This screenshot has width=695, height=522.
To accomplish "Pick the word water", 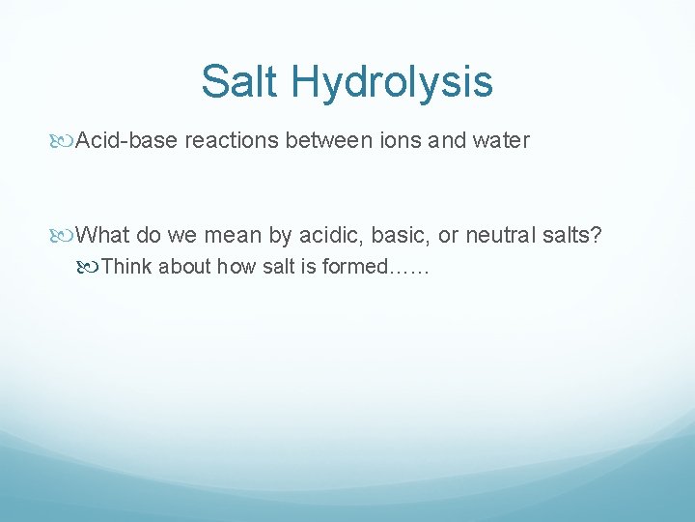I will click(x=499, y=141).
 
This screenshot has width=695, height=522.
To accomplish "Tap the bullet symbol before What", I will click(x=66, y=235).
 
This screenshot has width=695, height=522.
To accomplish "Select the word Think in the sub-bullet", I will click(x=126, y=266).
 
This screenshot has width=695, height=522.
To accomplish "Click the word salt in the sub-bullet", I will click(x=277, y=266).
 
